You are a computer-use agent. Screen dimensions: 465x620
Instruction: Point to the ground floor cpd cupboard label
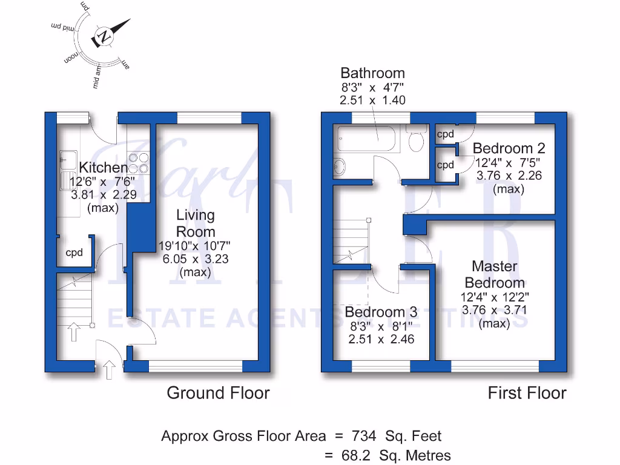point(74,253)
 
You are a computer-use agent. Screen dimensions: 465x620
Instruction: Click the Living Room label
point(196,223)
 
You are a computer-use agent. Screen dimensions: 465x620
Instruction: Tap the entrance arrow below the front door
point(110,369)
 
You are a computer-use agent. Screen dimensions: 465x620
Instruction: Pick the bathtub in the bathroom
point(366,139)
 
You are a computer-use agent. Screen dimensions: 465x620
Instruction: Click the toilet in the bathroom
point(416,141)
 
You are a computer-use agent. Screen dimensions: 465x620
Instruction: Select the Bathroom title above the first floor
point(372,73)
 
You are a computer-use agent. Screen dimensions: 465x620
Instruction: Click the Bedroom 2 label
point(509,148)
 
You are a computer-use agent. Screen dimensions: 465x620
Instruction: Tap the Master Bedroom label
point(494,274)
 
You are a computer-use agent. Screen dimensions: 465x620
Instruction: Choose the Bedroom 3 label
point(381,312)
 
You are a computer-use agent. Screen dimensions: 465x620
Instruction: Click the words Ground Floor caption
point(218,393)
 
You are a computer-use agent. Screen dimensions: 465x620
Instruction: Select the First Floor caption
point(527,393)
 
